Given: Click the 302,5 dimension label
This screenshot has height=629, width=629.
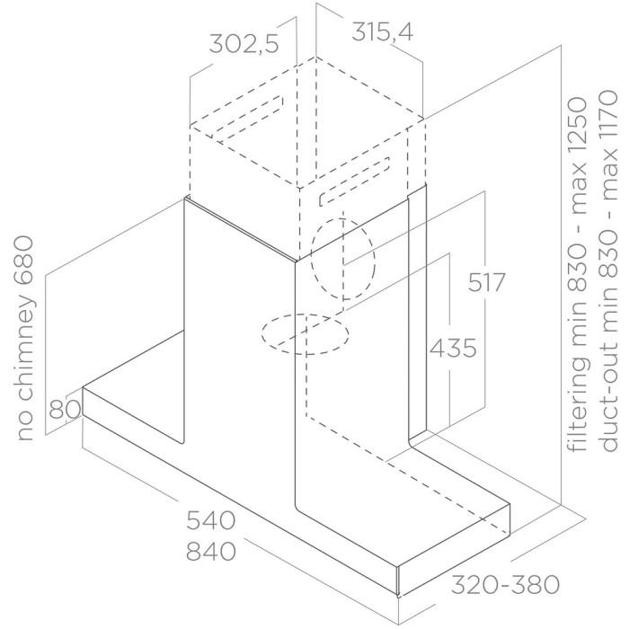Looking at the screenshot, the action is [244, 43].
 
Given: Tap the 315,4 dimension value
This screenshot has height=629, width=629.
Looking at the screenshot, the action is [382, 31].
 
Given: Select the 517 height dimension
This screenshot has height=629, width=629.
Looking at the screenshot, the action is [486, 282].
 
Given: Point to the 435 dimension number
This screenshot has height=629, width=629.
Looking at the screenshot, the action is [453, 348].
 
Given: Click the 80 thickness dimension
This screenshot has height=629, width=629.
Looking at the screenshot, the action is [65, 409].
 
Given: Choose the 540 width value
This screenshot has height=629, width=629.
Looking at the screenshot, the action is [211, 520].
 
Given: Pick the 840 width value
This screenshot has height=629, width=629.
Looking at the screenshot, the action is [211, 551].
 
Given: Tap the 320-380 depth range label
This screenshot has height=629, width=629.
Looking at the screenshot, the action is [505, 584].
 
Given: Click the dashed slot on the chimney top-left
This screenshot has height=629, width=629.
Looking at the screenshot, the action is [247, 119].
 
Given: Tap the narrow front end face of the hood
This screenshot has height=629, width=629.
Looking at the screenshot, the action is [399, 581].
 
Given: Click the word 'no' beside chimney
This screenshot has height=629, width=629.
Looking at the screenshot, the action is [26, 427].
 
